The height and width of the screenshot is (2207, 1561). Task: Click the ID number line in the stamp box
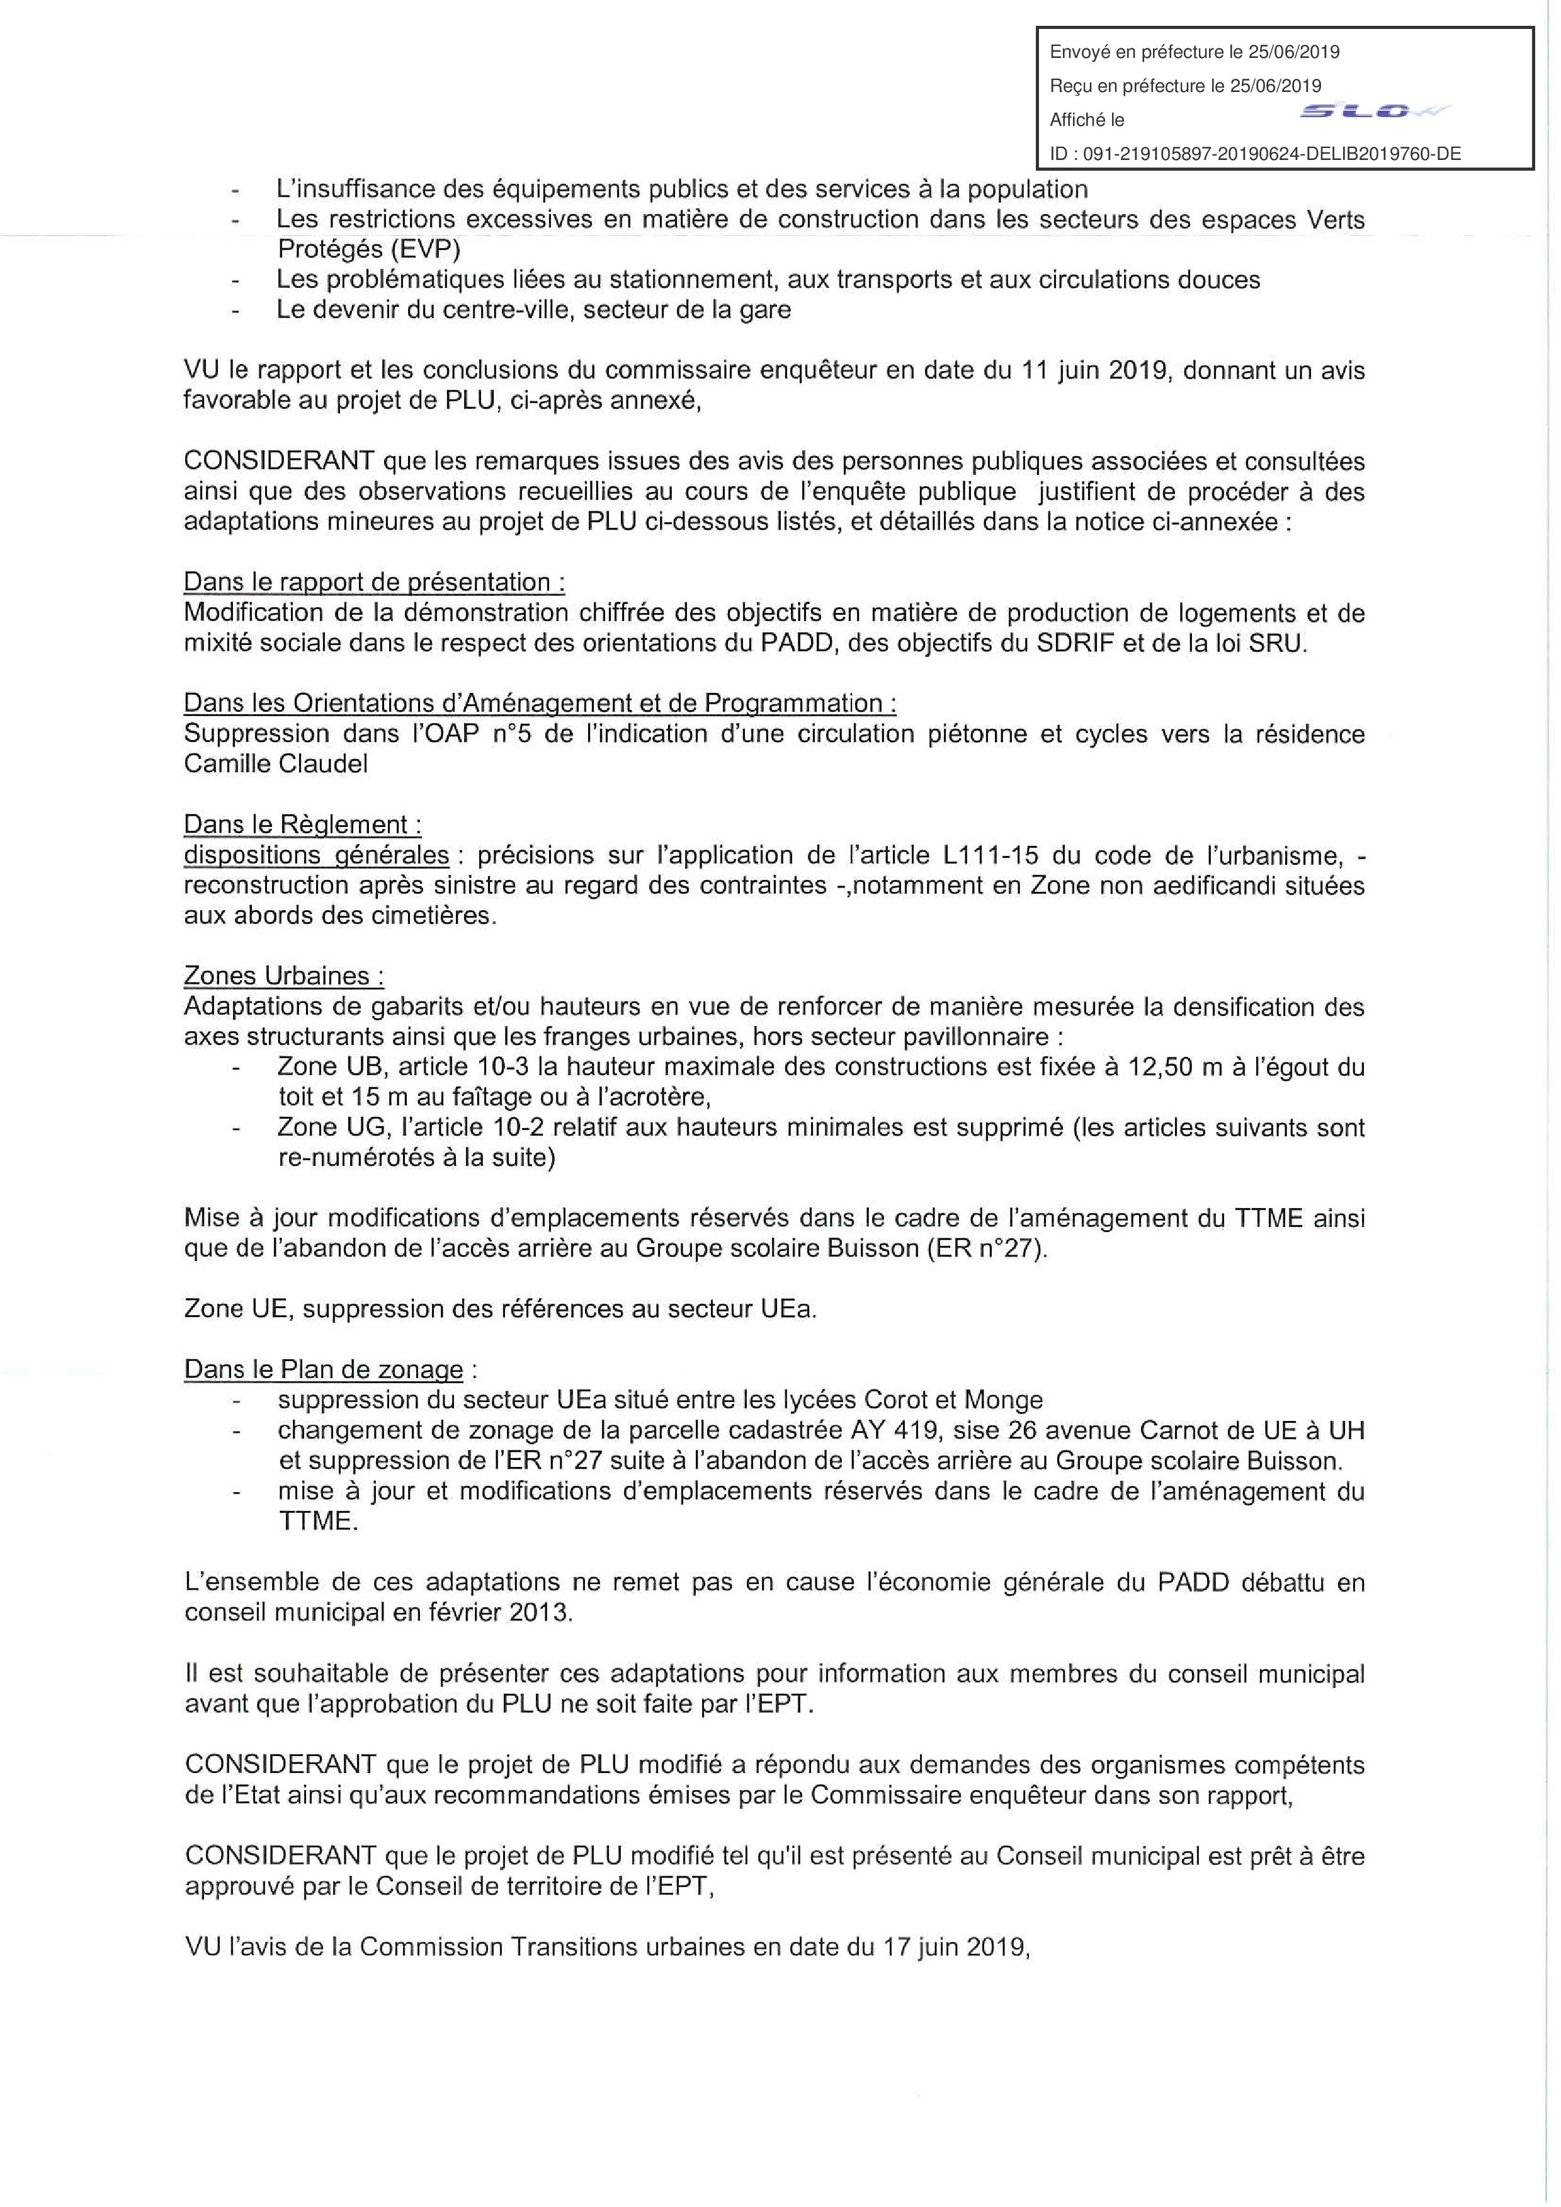pos(1254,153)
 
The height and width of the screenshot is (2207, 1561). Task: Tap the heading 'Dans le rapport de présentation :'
pos(374,583)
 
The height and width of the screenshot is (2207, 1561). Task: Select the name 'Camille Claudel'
pos(276,764)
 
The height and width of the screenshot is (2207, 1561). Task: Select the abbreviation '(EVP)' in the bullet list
pos(424,250)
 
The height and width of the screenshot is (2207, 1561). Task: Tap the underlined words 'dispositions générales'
pos(316,855)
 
